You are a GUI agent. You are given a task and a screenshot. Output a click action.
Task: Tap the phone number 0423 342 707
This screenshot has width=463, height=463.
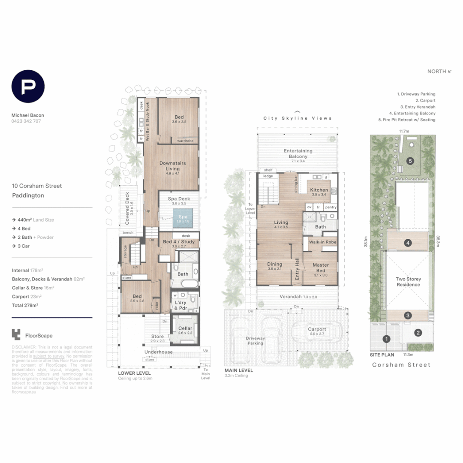click(26, 121)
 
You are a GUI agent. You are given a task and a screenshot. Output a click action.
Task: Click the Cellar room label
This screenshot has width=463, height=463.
click(185, 329)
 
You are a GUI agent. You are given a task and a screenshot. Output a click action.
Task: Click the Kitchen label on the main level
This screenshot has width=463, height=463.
click(319, 190)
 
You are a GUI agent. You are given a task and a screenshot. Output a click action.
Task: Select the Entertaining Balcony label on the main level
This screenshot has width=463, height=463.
click(298, 153)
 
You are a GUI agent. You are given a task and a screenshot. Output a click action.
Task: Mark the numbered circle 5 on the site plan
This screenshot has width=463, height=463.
click(410, 161)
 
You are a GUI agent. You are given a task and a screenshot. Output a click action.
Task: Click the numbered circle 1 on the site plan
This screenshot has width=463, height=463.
click(387, 339)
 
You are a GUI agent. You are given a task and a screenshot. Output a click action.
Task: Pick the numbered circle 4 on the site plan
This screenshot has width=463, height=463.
click(408, 243)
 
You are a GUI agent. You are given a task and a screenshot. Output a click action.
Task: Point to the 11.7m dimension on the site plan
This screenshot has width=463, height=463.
click(404, 131)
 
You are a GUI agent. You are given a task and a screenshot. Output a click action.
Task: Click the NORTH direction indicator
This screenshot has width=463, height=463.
click(439, 72)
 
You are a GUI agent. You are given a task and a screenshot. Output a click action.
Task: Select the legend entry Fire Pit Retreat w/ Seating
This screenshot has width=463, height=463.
click(407, 120)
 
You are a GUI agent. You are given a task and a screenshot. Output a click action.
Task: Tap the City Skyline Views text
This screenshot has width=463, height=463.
click(298, 118)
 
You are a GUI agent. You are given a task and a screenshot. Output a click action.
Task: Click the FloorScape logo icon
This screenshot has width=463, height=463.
click(16, 334)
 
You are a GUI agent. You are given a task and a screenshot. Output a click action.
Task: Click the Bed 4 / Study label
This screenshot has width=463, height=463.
click(179, 242)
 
